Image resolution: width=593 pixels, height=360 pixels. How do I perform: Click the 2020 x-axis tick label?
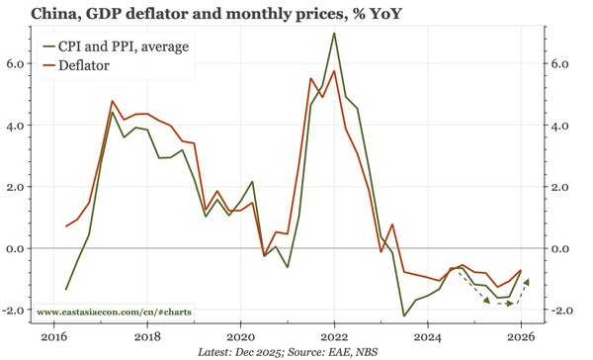point(241,335)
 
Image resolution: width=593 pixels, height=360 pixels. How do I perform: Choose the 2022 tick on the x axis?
point(334,335)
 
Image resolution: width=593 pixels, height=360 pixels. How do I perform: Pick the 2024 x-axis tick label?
point(427,335)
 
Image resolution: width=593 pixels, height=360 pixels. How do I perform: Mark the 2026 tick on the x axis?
point(520,335)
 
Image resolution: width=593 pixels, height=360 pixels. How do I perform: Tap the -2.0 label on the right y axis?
point(561,311)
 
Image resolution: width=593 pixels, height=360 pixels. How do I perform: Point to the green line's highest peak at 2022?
point(334,34)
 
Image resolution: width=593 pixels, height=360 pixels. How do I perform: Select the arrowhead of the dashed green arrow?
point(527,282)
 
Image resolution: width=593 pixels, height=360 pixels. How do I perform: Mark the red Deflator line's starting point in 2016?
point(66,226)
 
